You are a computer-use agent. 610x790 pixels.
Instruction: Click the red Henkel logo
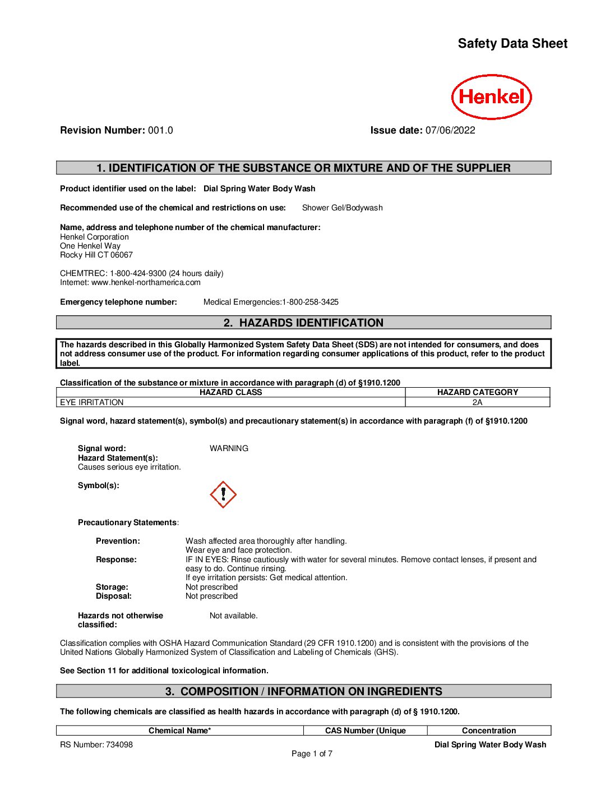pos(491,97)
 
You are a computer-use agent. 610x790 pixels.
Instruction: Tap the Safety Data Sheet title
pos(512,44)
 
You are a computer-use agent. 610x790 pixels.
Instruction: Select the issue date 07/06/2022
pos(450,130)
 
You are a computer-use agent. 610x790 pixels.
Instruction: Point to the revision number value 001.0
pos(160,130)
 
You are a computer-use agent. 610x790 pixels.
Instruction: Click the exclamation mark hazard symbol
pos(223,494)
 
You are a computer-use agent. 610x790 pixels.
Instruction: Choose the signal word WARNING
pos(229,448)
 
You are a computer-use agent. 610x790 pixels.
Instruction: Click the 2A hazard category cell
pos(477,402)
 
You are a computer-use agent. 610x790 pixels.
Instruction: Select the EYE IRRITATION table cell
pos(92,402)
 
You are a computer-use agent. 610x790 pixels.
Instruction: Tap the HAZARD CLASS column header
pos(230,392)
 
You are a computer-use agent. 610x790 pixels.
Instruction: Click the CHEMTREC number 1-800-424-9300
pos(138,273)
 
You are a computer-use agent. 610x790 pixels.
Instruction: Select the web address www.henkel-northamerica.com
pos(146,282)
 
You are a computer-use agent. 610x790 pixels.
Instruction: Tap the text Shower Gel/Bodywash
pos(342,208)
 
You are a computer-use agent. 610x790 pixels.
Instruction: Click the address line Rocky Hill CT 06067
pos(96,255)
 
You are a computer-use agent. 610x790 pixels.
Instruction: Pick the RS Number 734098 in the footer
pos(96,745)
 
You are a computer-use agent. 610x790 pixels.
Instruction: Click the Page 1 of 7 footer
pos(312,754)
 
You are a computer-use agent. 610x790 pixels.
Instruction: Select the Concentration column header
pos(489,731)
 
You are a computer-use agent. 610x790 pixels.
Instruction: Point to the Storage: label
pos(112,587)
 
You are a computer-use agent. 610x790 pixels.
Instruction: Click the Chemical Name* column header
pos(179,731)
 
